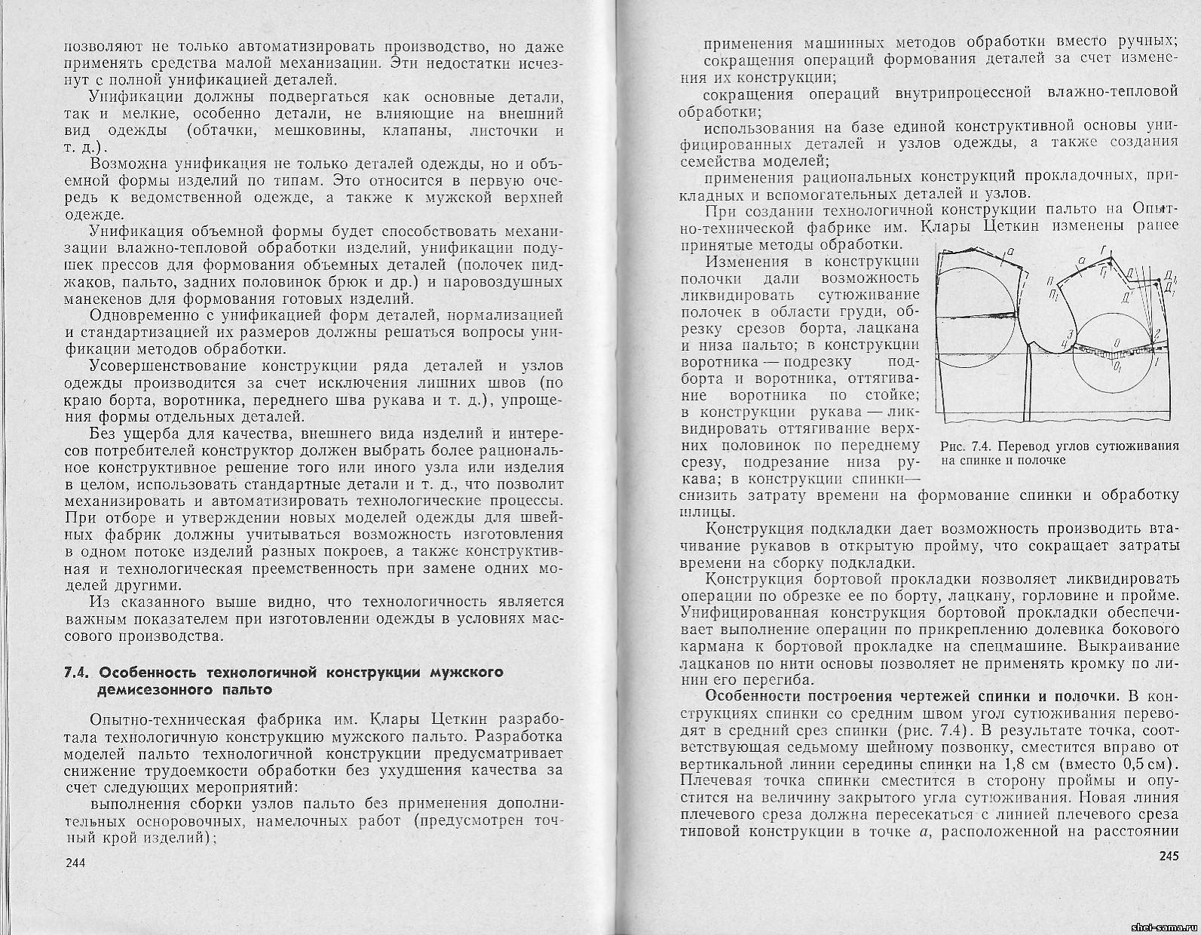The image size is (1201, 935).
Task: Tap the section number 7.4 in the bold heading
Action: tap(77, 673)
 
